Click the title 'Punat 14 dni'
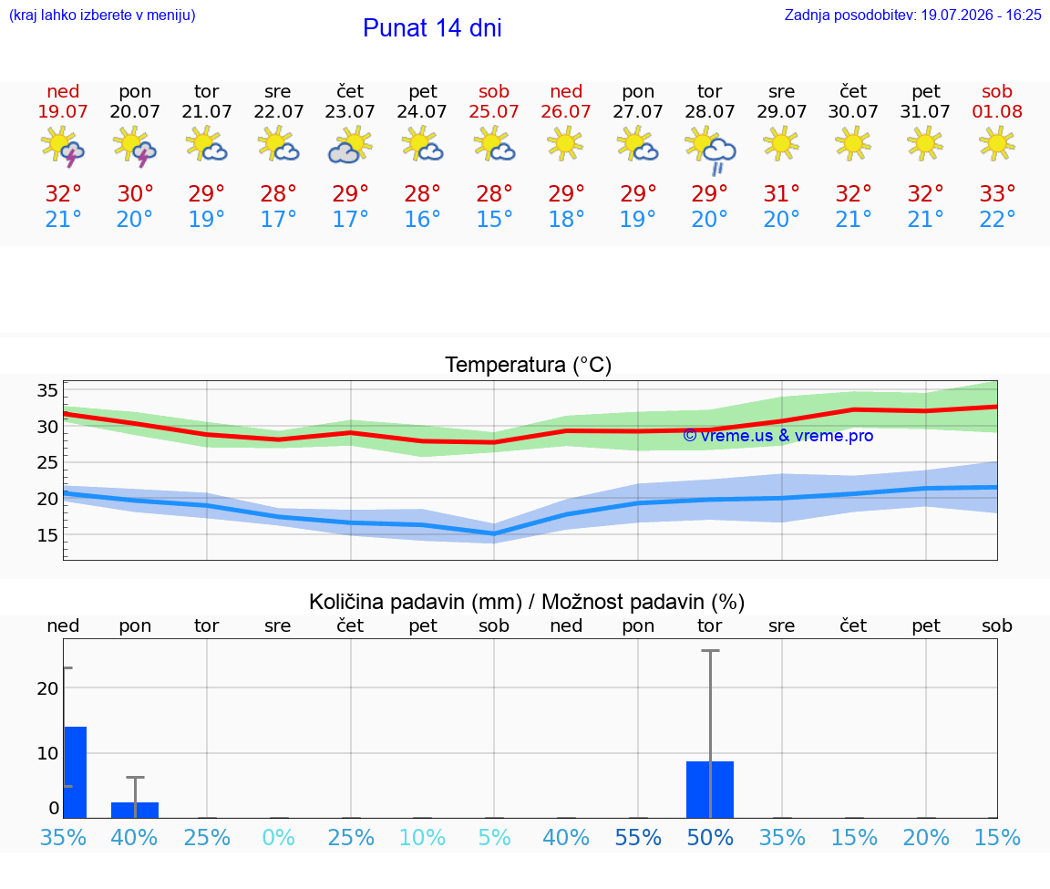point(432,27)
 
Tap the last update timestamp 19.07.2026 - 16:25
point(981,15)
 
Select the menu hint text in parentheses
point(102,15)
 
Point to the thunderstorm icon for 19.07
point(63,146)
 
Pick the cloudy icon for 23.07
point(350,146)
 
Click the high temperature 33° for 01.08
point(997,193)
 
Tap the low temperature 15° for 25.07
point(494,219)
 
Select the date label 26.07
point(566,111)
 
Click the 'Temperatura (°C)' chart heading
point(529,365)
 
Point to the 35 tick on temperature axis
point(47,390)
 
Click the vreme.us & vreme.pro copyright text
point(778,436)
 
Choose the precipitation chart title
point(527,602)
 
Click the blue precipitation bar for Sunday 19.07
point(75,772)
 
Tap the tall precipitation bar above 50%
point(710,790)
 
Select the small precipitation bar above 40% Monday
point(135,810)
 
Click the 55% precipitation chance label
point(638,837)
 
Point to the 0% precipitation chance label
point(279,837)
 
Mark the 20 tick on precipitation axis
point(47,688)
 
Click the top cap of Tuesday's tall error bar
point(710,650)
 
